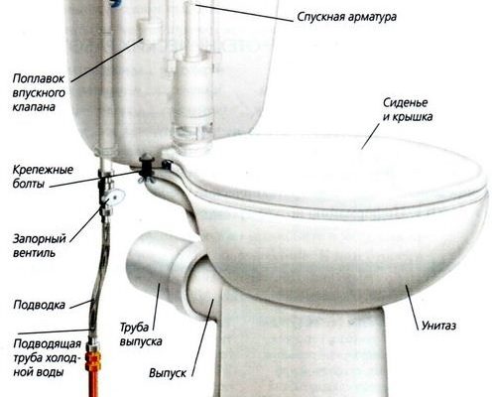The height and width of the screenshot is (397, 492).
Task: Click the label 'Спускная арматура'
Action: click(x=346, y=17)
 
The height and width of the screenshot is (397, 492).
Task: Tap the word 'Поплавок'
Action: click(x=39, y=78)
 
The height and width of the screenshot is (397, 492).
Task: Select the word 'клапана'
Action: click(x=34, y=107)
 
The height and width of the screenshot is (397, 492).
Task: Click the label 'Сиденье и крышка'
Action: click(x=408, y=110)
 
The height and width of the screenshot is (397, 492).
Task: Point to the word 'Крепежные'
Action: click(x=43, y=170)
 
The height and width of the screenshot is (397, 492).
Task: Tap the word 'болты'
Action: click(x=29, y=184)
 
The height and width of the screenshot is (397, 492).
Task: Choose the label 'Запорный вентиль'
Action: click(x=40, y=246)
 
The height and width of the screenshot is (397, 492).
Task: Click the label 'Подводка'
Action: click(x=39, y=305)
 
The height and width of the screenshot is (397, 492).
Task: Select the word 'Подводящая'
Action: click(x=48, y=344)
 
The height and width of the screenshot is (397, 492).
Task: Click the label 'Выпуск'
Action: click(x=168, y=373)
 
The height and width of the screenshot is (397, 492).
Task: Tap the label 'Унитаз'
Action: click(x=438, y=326)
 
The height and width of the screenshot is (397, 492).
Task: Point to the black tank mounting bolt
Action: click(x=145, y=168)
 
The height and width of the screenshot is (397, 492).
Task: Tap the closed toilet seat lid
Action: click(x=334, y=172)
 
